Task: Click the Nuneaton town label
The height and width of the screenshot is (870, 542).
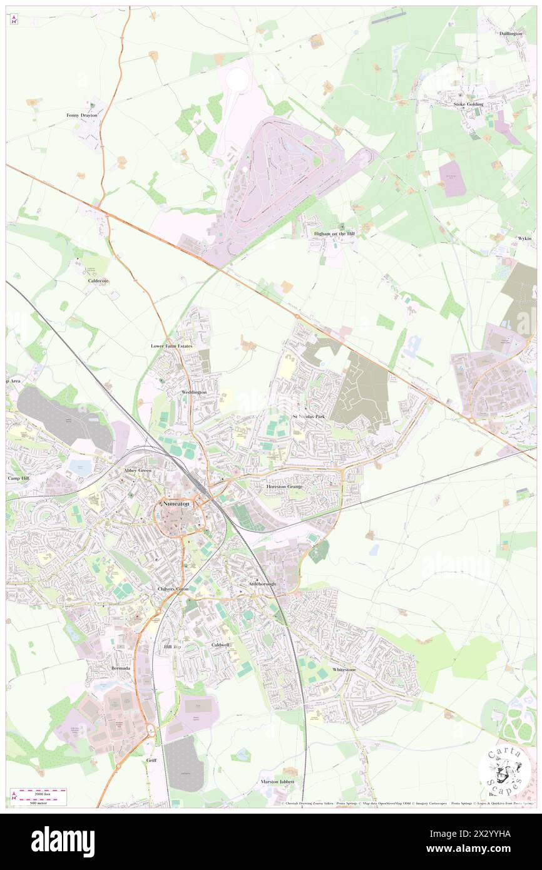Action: [x=176, y=503]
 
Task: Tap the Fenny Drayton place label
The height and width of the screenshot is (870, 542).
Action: [x=82, y=116]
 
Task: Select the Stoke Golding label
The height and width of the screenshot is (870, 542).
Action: [x=469, y=105]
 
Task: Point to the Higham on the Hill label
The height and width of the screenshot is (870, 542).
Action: [x=334, y=234]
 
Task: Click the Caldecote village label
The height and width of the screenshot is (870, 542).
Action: [x=98, y=281]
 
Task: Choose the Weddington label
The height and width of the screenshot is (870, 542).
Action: [x=193, y=392]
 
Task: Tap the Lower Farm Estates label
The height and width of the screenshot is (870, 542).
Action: [x=171, y=345]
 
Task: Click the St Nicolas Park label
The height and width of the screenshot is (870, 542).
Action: [x=309, y=416]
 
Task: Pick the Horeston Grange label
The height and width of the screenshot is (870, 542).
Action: [x=285, y=486]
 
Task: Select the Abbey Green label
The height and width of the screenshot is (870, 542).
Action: [x=138, y=470]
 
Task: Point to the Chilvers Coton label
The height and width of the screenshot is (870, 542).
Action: [x=173, y=589]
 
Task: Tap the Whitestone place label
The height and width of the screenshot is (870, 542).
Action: [x=344, y=669]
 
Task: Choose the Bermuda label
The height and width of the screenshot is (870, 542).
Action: [x=121, y=668]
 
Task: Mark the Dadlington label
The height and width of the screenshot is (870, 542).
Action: [x=511, y=33]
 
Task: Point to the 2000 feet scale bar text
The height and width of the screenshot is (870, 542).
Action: [x=39, y=792]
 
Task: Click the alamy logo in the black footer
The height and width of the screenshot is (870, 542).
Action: [x=63, y=841]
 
